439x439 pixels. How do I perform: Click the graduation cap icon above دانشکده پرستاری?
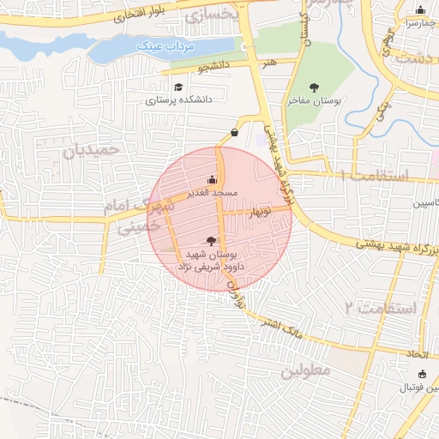[x=178, y=87]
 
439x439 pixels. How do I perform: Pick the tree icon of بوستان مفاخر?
[x=314, y=87]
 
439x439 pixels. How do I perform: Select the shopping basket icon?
[x=234, y=132]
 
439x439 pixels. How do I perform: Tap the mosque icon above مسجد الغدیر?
[x=212, y=180]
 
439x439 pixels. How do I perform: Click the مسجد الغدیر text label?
[x=211, y=193]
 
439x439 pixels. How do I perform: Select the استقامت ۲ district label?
[x=381, y=307]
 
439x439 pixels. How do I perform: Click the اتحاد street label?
[x=418, y=353]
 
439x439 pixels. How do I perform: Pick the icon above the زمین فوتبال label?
[x=421, y=374]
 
